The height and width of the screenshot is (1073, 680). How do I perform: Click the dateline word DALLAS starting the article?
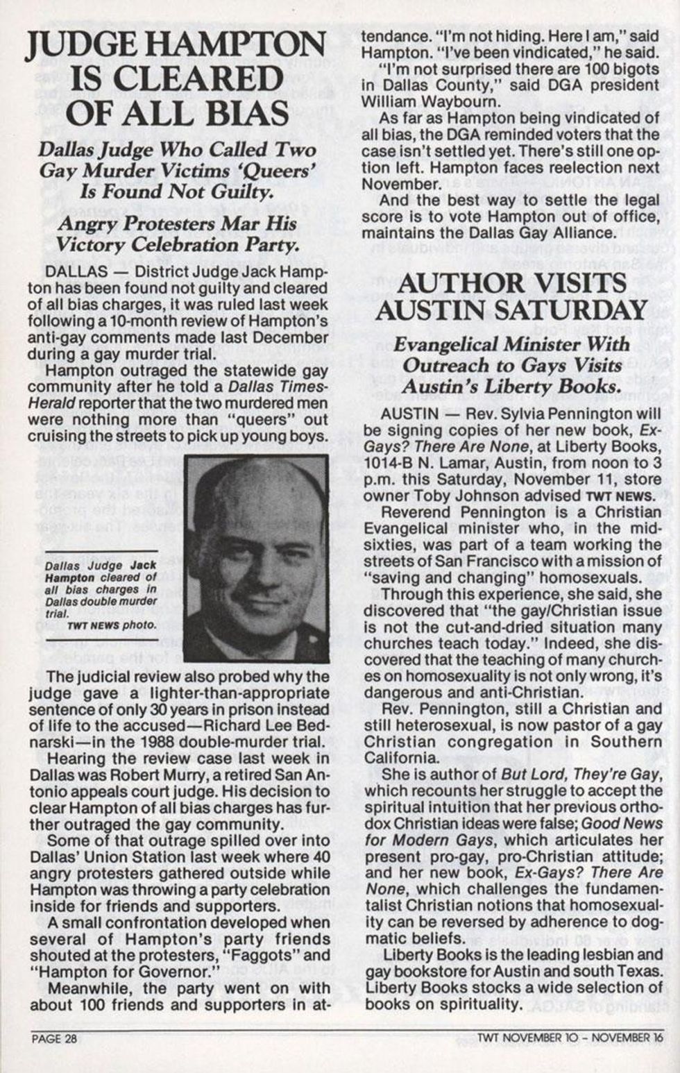76,271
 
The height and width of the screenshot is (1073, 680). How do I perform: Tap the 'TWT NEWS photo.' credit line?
112,625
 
